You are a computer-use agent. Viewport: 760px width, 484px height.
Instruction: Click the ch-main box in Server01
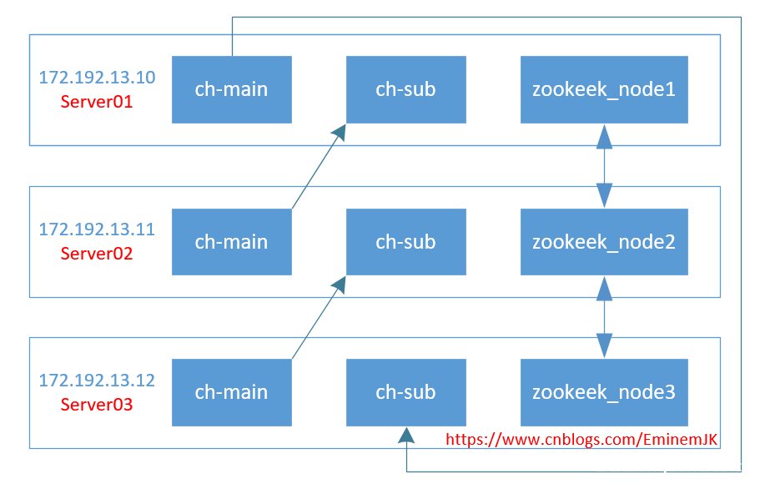[231, 89]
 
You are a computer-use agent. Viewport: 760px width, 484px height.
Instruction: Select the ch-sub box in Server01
[405, 89]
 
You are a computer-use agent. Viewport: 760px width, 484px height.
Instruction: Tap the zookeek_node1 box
[604, 89]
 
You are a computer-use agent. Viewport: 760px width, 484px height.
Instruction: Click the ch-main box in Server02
[231, 242]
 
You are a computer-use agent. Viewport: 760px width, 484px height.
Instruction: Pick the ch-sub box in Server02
[405, 242]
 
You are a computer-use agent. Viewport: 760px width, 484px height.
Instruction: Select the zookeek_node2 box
[604, 242]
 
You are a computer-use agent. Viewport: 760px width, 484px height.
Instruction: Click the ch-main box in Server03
[231, 392]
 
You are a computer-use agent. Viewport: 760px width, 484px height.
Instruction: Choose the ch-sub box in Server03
[405, 392]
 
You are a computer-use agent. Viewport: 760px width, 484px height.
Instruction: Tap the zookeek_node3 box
[604, 392]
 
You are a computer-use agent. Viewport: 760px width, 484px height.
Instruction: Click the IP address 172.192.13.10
[97, 78]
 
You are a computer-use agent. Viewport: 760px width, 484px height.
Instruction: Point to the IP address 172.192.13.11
[97, 229]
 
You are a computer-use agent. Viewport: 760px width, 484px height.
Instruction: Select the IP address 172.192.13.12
[97, 381]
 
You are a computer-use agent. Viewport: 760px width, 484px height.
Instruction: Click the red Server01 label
[97, 103]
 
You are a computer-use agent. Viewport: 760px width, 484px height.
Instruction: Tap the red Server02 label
[97, 254]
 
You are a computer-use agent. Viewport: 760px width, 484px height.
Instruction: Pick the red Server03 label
[97, 406]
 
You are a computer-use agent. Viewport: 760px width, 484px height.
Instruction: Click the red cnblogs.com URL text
[581, 439]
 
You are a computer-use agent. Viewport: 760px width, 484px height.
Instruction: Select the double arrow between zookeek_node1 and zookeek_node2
[604, 166]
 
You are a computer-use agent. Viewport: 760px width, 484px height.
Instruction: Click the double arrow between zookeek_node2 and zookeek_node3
[604, 318]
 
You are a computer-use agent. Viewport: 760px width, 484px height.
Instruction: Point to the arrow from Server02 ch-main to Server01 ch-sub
[318, 167]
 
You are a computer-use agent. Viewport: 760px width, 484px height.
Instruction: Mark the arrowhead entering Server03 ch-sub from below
[405, 435]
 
